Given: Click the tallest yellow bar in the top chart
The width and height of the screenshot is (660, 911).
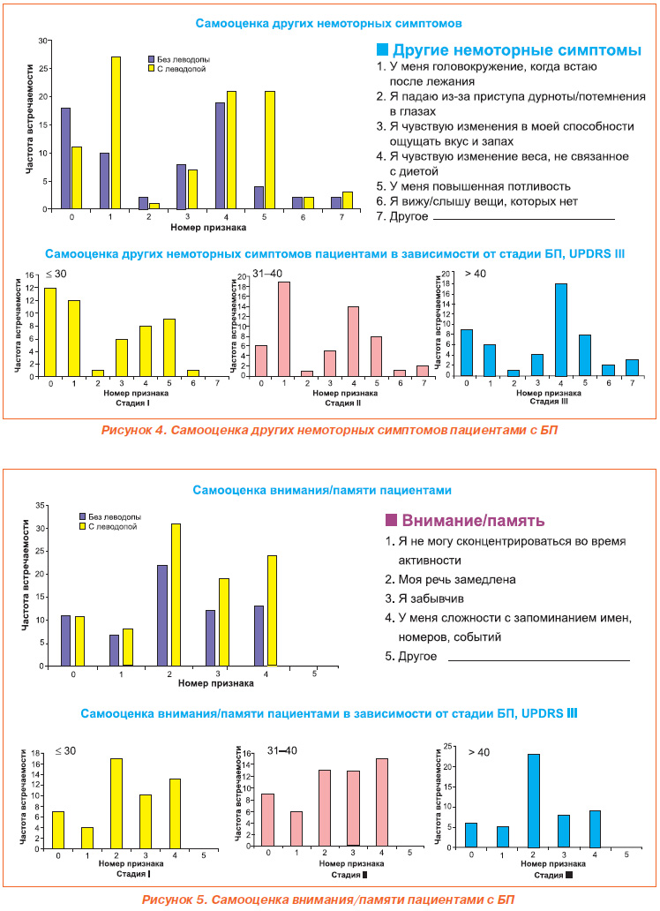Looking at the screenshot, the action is pos(116,132).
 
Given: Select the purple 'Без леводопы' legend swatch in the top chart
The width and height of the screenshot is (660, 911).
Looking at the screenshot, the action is pos(152,59).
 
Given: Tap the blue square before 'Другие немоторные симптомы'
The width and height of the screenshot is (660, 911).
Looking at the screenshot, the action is pos(382,49).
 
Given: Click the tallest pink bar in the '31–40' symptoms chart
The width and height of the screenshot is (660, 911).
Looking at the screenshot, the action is pos(283,329).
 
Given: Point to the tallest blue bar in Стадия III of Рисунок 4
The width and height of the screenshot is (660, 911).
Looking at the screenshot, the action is pos(560,330).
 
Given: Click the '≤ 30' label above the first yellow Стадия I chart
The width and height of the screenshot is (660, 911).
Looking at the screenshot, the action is pos(56,274).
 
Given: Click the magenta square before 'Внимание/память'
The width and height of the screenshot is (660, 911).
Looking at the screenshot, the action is pos(391,520).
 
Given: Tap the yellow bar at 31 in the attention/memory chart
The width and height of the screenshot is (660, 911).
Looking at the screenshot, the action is pos(176,595).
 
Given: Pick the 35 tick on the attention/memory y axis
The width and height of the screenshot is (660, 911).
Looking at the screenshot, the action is pos(40,506).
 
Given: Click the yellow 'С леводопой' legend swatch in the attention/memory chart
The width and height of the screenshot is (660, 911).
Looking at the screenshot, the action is pos(83,526).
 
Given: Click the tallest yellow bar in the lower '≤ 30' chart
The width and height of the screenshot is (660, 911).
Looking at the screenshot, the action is pos(116,803).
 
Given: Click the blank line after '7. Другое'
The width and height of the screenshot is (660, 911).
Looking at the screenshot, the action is pos(524,220).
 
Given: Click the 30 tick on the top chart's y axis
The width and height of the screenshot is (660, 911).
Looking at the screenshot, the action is pos(42,41).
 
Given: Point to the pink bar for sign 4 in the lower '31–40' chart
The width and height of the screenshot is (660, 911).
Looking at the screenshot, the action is pos(382,802).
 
